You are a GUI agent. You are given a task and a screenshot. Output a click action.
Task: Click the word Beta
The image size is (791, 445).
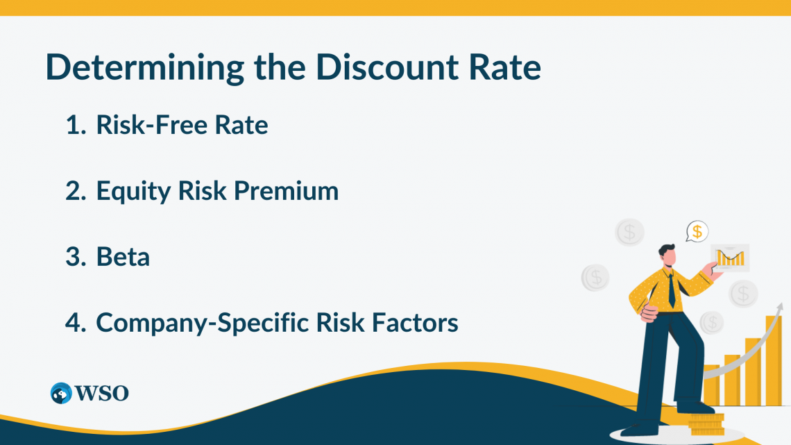coord(123,257)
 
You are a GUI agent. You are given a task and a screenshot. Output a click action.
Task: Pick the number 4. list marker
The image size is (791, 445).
coord(74,322)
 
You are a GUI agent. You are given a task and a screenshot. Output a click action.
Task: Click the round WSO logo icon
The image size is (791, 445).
coord(61,393)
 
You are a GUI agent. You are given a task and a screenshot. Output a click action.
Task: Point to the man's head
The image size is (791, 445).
coord(667,255)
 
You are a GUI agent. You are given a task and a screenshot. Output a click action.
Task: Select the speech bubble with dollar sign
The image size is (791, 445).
coord(697,231)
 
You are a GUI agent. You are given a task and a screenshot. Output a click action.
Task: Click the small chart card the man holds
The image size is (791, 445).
coord(730,258)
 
